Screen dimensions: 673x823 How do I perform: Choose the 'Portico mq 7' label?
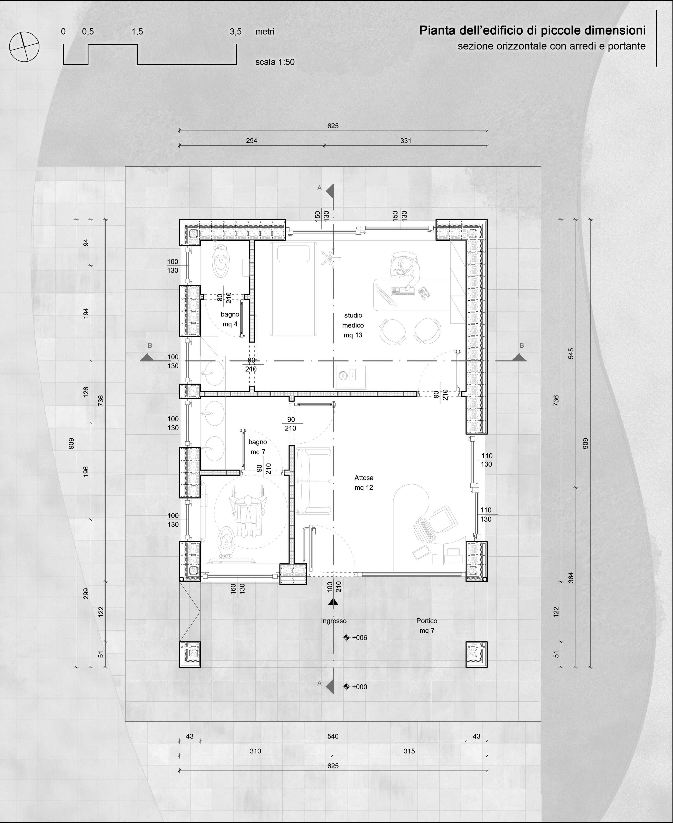427,626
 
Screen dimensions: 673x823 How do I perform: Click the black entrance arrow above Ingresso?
333,602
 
